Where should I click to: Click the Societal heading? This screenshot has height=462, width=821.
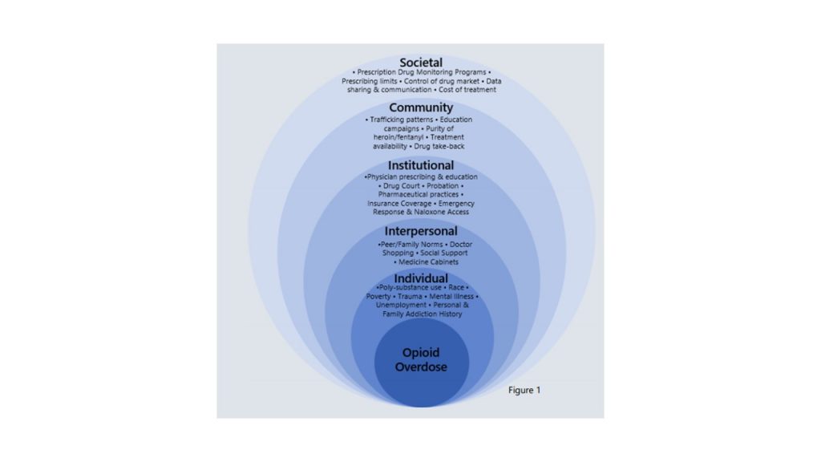pyautogui.click(x=421, y=63)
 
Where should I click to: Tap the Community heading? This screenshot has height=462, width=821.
pyautogui.click(x=421, y=107)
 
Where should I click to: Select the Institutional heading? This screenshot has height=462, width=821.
pyautogui.click(x=421, y=165)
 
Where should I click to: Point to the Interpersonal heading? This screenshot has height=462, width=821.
pyautogui.click(x=421, y=231)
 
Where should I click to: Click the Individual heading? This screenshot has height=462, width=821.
pyautogui.click(x=421, y=278)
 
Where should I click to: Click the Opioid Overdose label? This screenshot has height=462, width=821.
pyautogui.click(x=421, y=360)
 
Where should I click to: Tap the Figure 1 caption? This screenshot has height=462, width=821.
pyautogui.click(x=524, y=391)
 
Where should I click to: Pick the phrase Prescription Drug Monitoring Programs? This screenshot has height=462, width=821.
pyautogui.click(x=422, y=72)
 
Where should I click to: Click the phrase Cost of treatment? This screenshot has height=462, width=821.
pyautogui.click(x=467, y=90)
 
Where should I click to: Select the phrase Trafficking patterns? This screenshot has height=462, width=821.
pyautogui.click(x=402, y=120)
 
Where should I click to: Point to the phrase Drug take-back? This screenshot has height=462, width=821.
pyautogui.click(x=439, y=146)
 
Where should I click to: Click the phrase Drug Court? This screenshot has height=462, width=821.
pyautogui.click(x=402, y=186)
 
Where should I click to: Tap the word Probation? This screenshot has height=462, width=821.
pyautogui.click(x=443, y=186)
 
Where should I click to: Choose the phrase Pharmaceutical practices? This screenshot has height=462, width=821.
pyautogui.click(x=419, y=194)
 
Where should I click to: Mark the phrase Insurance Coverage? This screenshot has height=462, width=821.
pyautogui.click(x=399, y=203)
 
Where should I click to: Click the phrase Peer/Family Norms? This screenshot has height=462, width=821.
pyautogui.click(x=413, y=244)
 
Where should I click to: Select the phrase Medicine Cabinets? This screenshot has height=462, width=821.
pyautogui.click(x=428, y=262)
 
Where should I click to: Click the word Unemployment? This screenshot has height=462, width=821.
pyautogui.click(x=401, y=305)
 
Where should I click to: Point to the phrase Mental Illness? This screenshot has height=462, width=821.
pyautogui.click(x=451, y=297)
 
